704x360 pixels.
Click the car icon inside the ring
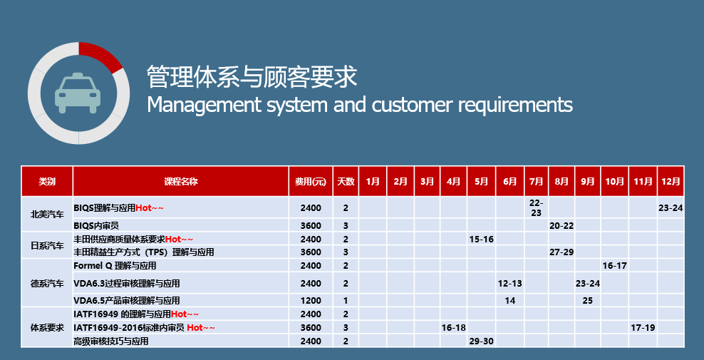(x=78, y=93)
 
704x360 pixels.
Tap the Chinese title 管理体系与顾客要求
(x=252, y=76)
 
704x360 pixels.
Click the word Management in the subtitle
(x=205, y=105)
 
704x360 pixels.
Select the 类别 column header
(x=47, y=182)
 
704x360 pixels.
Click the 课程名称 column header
(x=180, y=182)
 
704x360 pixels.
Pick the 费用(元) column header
(x=310, y=182)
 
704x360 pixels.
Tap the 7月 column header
(x=536, y=182)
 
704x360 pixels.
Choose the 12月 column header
(x=671, y=182)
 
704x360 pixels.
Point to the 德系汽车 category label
(x=47, y=284)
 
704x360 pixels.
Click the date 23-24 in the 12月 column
(x=671, y=208)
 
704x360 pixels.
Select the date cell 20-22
(x=561, y=225)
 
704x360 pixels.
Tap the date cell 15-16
(x=481, y=239)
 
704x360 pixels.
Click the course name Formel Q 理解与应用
(x=115, y=266)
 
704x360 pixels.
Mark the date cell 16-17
(x=615, y=266)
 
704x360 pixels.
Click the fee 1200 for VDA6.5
(x=311, y=301)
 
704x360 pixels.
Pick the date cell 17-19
(x=643, y=328)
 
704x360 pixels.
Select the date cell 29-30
(x=481, y=341)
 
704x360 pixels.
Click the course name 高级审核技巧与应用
(x=111, y=341)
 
